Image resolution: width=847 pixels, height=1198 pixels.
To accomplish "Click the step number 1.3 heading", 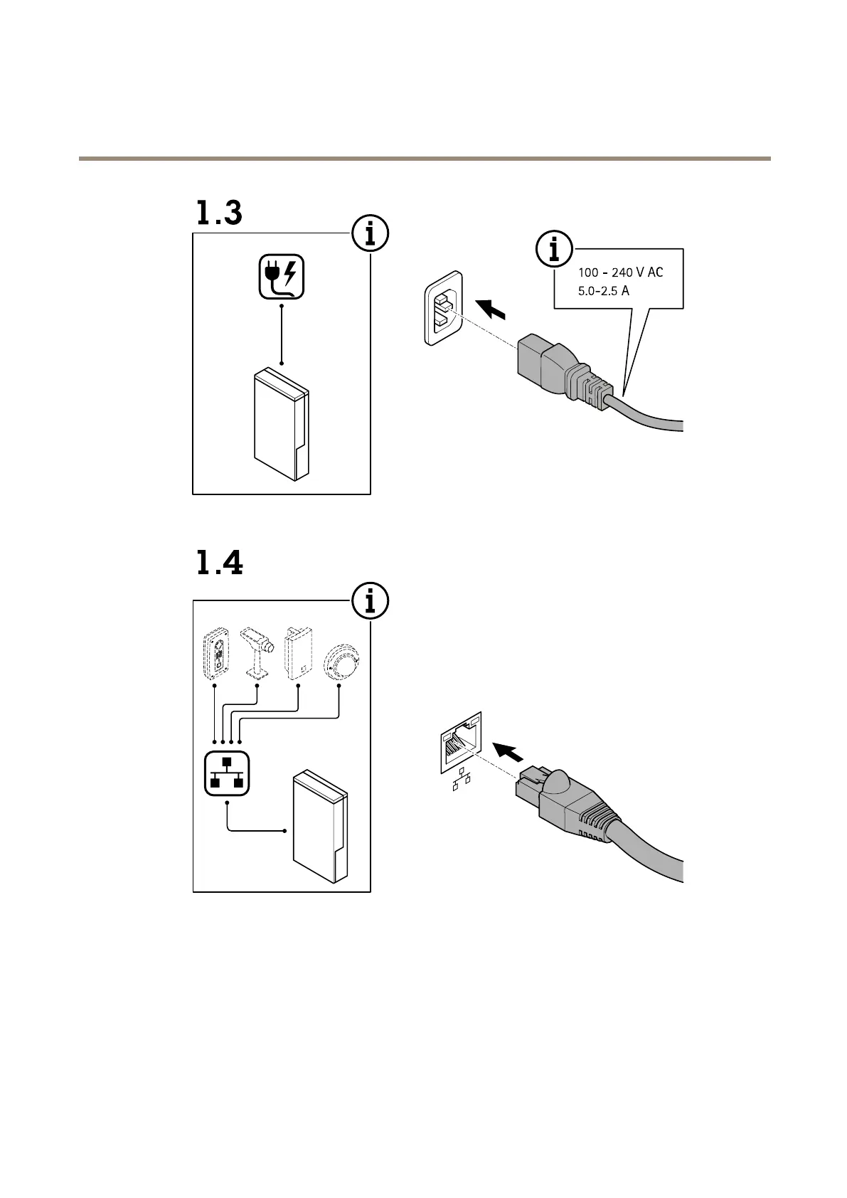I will pos(219,213).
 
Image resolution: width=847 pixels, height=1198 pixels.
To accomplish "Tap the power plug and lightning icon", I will pos(282,277).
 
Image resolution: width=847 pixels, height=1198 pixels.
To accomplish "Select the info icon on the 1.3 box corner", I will pos(370,234).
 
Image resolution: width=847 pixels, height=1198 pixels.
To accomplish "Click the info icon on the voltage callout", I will pos(554,250).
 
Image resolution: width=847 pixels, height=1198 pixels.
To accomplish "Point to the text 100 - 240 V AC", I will pos(620,272).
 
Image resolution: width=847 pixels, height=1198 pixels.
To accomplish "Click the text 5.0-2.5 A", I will pos(604,291).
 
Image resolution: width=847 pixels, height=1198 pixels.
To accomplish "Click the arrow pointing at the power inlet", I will pos(492,309).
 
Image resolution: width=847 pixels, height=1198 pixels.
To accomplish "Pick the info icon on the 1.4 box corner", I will pos(370,602).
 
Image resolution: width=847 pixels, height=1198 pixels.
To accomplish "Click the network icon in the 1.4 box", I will pos(226,773).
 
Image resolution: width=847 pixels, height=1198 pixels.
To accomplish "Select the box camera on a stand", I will pos(257,652).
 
